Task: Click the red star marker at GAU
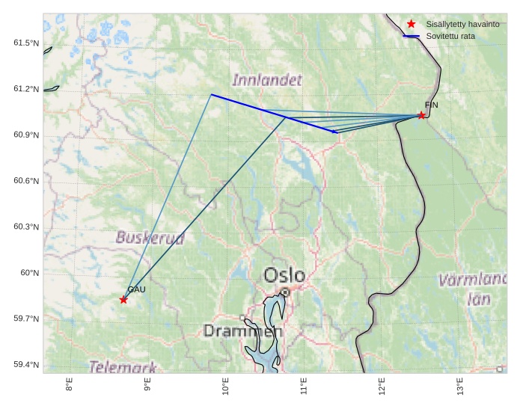tap(123, 300)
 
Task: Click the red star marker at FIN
tap(421, 115)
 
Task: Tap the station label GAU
tap(136, 289)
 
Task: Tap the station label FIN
tap(431, 105)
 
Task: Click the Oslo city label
tap(284, 275)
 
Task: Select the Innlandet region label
tap(267, 80)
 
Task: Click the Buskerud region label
tap(150, 238)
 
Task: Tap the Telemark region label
tap(123, 367)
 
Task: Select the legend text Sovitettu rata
tap(450, 36)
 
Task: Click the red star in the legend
tap(411, 25)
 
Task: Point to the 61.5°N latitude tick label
tap(25, 43)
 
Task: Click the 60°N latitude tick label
tap(29, 273)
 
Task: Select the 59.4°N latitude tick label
tap(25, 365)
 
